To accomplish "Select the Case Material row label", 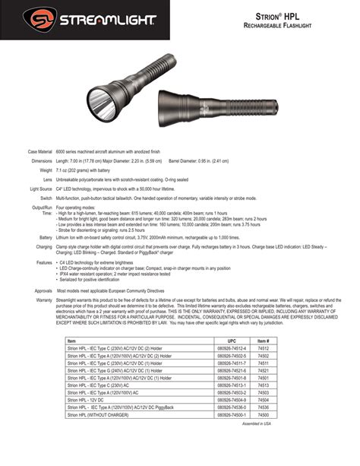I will [39, 153].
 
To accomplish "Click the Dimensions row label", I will [41, 161].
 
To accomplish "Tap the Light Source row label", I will [40, 188].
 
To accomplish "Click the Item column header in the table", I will [71, 340].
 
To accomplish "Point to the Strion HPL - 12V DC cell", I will [87, 399].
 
